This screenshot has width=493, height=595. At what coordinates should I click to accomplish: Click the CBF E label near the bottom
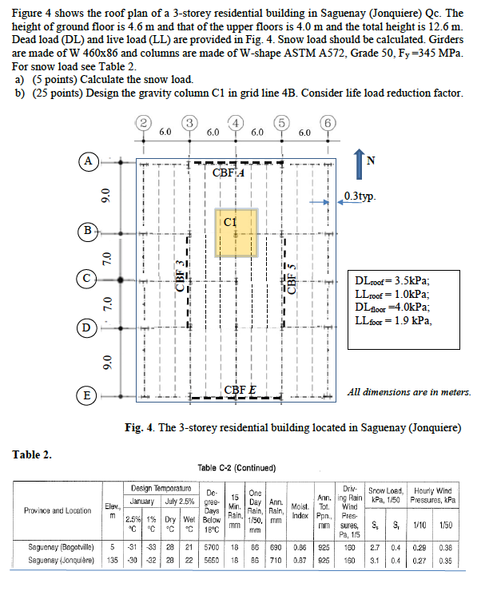point(241,390)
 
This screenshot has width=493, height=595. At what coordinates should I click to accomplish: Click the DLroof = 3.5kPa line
point(396,281)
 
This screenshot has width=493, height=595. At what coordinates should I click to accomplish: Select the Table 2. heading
point(32,454)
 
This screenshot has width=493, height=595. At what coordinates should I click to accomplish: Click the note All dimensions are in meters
point(410,392)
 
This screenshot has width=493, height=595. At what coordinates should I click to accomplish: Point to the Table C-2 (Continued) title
point(236,467)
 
